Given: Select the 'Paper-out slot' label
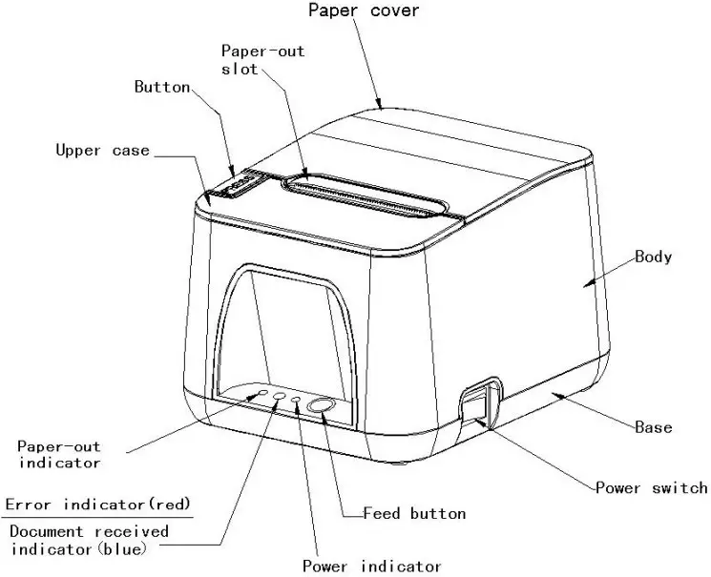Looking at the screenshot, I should pos(262,60).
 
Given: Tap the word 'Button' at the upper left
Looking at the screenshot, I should pos(161,87).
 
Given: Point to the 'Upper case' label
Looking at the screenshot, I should pos(102,150).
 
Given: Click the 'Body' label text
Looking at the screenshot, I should pos(654,257).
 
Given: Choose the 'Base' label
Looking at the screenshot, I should pos(653,427).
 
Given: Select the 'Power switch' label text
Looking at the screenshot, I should pos(652,488).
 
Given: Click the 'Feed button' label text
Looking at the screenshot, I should pos(414,513).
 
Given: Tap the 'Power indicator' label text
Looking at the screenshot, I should pos(372,566).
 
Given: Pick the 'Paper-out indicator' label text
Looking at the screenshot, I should pos(59,454).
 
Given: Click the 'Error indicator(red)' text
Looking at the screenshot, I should pos(97,504).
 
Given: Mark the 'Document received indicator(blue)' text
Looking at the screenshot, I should pos(89,540).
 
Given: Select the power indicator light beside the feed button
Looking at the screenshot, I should pos(297,400).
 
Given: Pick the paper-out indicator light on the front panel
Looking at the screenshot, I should pos(262,392).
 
